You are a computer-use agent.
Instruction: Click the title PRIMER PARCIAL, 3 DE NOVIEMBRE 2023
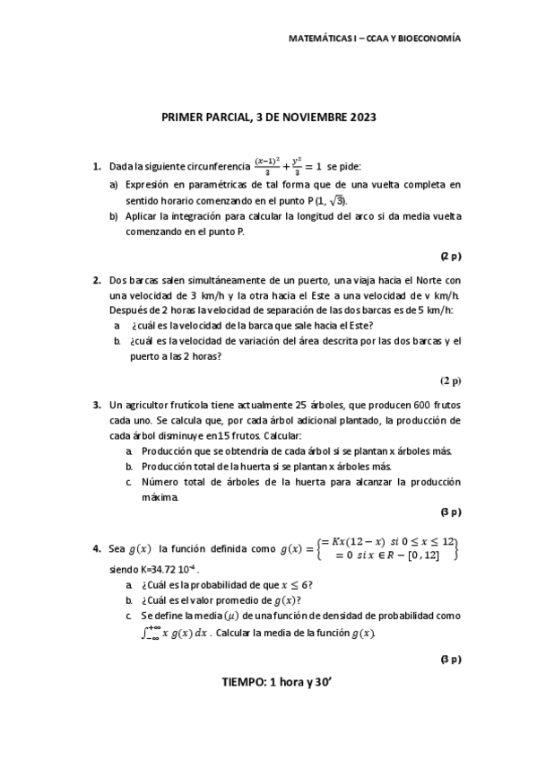pyautogui.click(x=268, y=118)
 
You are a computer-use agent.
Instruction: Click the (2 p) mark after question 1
pyautogui.click(x=450, y=256)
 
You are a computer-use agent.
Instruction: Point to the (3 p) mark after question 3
pyautogui.click(x=450, y=512)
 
